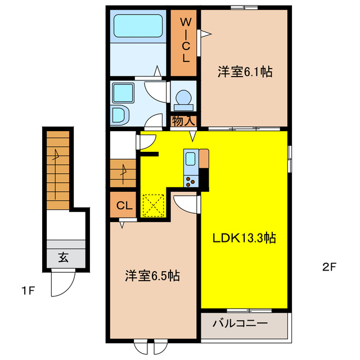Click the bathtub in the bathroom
(x=138, y=25)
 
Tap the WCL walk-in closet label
(x=184, y=39)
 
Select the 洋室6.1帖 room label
(x=245, y=72)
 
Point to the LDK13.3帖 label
(x=244, y=238)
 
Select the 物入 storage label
(x=184, y=121)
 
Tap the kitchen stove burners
(x=191, y=180)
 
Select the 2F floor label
(x=330, y=267)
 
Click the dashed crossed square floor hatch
(x=153, y=205)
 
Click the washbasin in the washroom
(x=121, y=115)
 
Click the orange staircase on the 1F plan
(x=58, y=169)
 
